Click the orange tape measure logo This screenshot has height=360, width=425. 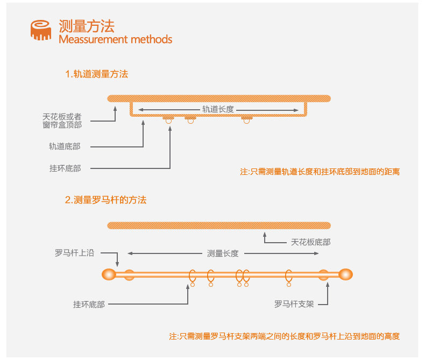(x=41, y=30)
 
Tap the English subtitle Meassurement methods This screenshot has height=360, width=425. (x=115, y=39)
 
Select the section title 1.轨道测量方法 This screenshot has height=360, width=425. (x=96, y=74)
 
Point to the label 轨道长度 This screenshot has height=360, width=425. (x=218, y=109)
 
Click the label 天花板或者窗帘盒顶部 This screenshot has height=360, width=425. (x=62, y=121)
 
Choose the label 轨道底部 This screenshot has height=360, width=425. (x=65, y=146)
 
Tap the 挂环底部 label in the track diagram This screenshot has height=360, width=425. (x=65, y=168)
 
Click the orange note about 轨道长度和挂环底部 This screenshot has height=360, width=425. (x=320, y=172)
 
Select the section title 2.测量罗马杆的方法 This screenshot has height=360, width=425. (x=105, y=200)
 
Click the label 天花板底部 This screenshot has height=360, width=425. (x=311, y=242)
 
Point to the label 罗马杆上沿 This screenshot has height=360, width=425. (x=74, y=252)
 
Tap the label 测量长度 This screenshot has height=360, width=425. (x=223, y=253)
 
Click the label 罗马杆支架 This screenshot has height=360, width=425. (x=294, y=304)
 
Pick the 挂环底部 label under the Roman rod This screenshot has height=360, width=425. (x=89, y=304)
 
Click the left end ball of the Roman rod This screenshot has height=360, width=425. (x=109, y=274)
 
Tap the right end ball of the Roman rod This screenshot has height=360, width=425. (x=346, y=274)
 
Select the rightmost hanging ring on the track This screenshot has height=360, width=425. (x=246, y=121)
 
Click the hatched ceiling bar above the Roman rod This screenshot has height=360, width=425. (x=218, y=225)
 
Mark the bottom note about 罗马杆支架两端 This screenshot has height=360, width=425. (x=285, y=336)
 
